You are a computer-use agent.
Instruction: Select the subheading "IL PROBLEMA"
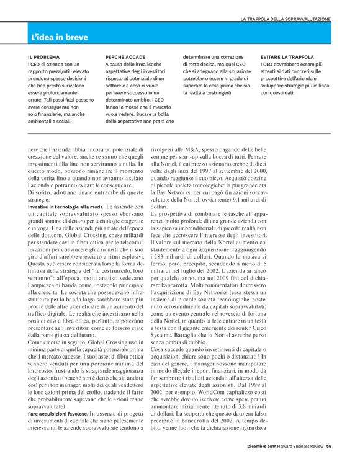(x=43, y=56)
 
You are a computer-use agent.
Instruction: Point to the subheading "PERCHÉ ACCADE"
(x=126, y=56)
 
